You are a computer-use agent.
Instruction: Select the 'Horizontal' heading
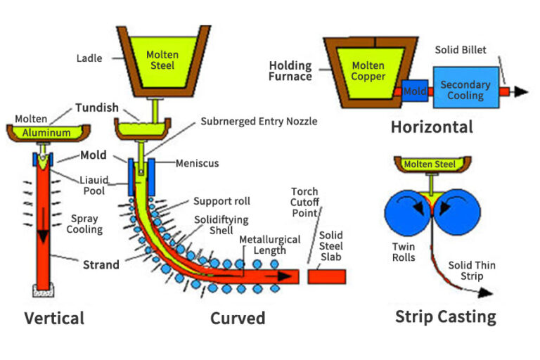432,127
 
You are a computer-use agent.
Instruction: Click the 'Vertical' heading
54,318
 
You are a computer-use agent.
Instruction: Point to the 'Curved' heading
238,318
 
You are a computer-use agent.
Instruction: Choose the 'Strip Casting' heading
445,316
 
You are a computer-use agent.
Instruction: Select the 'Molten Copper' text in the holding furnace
368,70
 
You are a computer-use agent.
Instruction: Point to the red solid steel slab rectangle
327,276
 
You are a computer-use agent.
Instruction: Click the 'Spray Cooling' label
84,224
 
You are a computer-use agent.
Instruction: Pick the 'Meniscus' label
197,163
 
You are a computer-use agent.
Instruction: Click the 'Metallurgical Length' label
264,245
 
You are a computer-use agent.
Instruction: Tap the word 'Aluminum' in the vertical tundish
46,132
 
